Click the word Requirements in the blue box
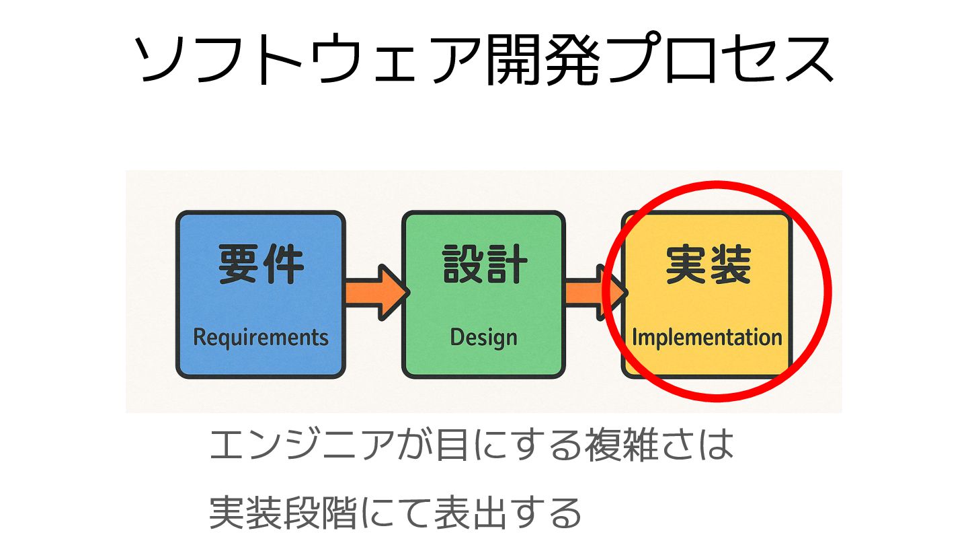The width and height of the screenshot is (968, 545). pyautogui.click(x=261, y=337)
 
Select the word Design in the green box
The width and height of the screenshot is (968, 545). pyautogui.click(x=483, y=337)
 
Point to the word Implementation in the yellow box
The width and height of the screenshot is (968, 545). pyautogui.click(x=707, y=337)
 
